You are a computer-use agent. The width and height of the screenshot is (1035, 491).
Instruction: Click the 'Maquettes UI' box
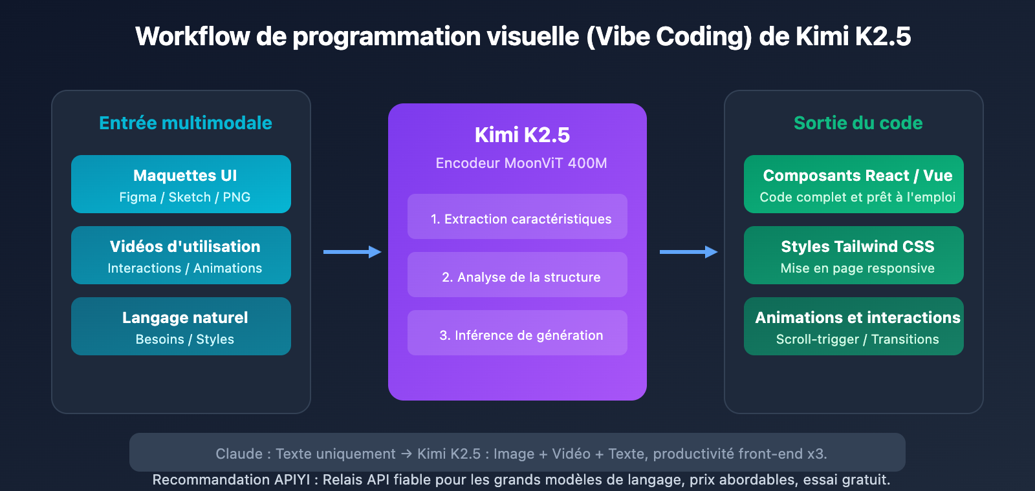click(181, 184)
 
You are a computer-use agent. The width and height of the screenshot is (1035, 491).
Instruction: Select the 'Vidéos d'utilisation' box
click(181, 255)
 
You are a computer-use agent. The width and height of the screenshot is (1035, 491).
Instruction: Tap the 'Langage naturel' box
click(181, 326)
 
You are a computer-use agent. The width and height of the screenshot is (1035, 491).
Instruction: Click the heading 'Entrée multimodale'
click(185, 123)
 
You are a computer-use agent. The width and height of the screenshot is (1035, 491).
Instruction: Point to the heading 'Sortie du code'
click(858, 123)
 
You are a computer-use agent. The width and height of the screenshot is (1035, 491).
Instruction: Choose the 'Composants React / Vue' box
click(854, 184)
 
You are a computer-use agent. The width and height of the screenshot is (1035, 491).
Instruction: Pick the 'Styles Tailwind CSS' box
click(854, 255)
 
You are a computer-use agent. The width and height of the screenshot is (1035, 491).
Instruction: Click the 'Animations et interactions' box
click(854, 326)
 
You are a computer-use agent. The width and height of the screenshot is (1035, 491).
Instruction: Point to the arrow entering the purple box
click(353, 252)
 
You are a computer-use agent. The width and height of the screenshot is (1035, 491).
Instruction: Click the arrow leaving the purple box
click(689, 252)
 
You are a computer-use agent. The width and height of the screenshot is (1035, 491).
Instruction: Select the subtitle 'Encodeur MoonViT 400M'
click(521, 163)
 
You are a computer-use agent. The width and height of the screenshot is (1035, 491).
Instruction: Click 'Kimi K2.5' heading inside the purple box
click(522, 135)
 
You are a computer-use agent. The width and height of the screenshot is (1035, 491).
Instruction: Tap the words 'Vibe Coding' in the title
click(669, 37)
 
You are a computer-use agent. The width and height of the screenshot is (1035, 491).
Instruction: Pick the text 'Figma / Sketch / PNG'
click(184, 198)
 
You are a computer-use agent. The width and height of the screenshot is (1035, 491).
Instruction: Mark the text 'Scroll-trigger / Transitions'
click(857, 340)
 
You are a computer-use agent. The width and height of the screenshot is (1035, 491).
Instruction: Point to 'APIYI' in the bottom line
click(292, 480)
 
